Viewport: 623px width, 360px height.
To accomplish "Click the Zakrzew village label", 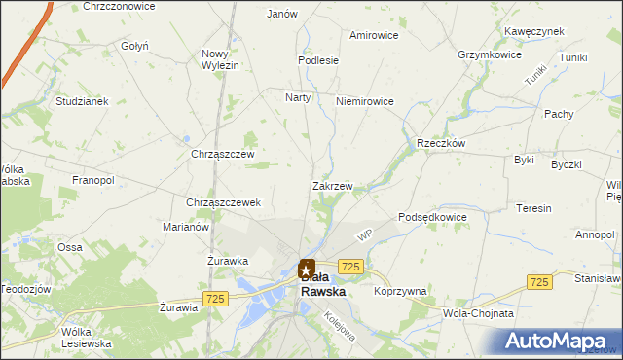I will (332, 185).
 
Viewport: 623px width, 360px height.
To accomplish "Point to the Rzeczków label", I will (442, 142).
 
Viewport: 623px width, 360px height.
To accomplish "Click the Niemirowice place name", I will (364, 101).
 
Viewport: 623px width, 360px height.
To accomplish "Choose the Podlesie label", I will (318, 60).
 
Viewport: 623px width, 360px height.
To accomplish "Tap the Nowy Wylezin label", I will (220, 59).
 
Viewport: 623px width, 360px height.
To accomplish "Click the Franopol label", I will (93, 181).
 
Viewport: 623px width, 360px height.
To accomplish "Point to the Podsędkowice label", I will (433, 217).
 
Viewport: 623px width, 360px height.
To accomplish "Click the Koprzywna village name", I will (400, 291).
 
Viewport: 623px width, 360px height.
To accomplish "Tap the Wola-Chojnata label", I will (478, 314).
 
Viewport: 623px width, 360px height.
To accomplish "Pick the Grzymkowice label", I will (490, 55).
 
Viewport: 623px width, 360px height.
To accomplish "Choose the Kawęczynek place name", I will (534, 31).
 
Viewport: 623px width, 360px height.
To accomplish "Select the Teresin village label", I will (534, 209).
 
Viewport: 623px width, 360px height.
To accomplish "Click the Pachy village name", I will (559, 114).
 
